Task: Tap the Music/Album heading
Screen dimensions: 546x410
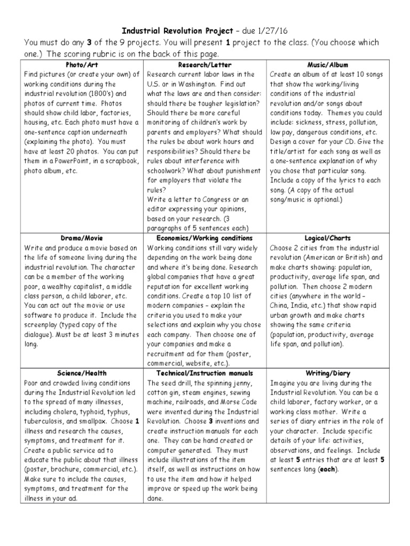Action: pos(328,65)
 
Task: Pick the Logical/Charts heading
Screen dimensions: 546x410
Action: pos(328,238)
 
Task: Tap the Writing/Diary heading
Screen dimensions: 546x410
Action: pos(328,373)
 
